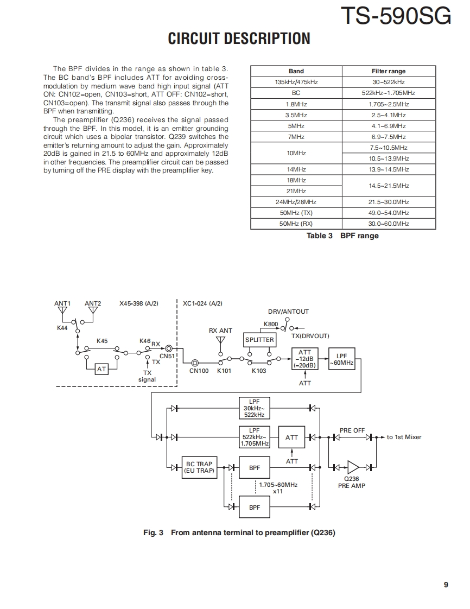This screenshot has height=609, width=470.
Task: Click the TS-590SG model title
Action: pyautogui.click(x=396, y=16)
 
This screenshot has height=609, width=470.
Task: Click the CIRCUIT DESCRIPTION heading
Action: pyautogui.click(x=239, y=39)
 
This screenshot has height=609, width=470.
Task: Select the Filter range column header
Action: pyautogui.click(x=389, y=71)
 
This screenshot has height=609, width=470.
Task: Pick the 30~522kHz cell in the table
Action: pyautogui.click(x=389, y=82)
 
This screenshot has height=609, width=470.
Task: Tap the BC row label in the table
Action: pyautogui.click(x=296, y=93)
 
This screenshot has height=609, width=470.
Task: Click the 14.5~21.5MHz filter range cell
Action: pyautogui.click(x=389, y=186)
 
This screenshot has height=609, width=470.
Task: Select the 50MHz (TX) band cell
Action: pyautogui.click(x=296, y=213)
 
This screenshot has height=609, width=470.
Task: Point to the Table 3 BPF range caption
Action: pyautogui.click(x=342, y=236)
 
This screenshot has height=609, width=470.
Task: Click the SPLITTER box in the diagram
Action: pyautogui.click(x=259, y=340)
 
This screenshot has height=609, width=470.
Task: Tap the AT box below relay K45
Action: pyautogui.click(x=101, y=369)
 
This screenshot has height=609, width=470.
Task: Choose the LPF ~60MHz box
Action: pyautogui.click(x=341, y=359)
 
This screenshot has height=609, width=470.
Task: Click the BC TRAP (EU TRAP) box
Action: pyautogui.click(x=199, y=467)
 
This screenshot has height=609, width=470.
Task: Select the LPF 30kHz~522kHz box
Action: pyautogui.click(x=253, y=408)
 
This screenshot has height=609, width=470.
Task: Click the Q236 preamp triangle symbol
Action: pyautogui.click(x=353, y=467)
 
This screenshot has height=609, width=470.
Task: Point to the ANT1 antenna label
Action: pyautogui.click(x=62, y=303)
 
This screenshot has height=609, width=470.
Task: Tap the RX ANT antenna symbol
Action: pyautogui.click(x=220, y=341)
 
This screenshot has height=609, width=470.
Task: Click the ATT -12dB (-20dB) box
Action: pyautogui.click(x=305, y=359)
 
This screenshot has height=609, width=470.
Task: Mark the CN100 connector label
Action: pyautogui.click(x=199, y=371)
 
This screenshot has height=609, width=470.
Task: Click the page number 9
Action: pyautogui.click(x=446, y=585)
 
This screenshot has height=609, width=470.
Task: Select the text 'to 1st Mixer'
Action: pyautogui.click(x=404, y=437)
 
